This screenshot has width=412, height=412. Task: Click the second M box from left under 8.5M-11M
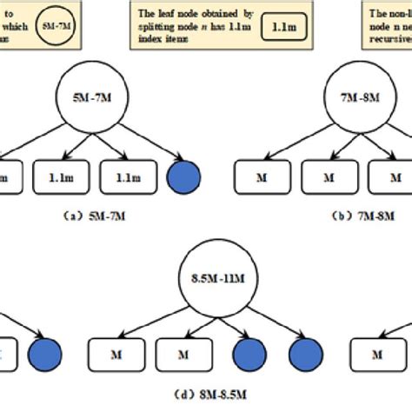coord(180,356)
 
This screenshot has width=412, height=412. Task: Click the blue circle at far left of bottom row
coord(43,356)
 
